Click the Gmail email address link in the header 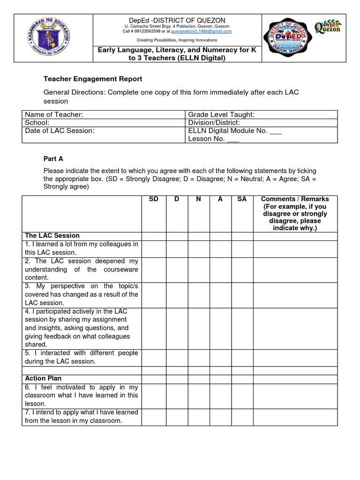pos(208,31)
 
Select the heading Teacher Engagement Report pos(93,79)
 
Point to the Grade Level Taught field pos(221,115)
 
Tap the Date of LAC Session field pos(60,131)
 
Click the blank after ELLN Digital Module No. pos(276,131)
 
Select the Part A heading pos(53,159)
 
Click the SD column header pos(153,199)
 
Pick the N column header pos(198,199)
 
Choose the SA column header pos(242,199)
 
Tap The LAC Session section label pos(52,235)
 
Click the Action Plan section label pos(43,378)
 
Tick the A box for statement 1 pos(220,248)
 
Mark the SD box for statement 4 pos(153,328)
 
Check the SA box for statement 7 pos(242,417)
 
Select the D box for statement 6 pos(176,395)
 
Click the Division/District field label pos(214,123)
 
